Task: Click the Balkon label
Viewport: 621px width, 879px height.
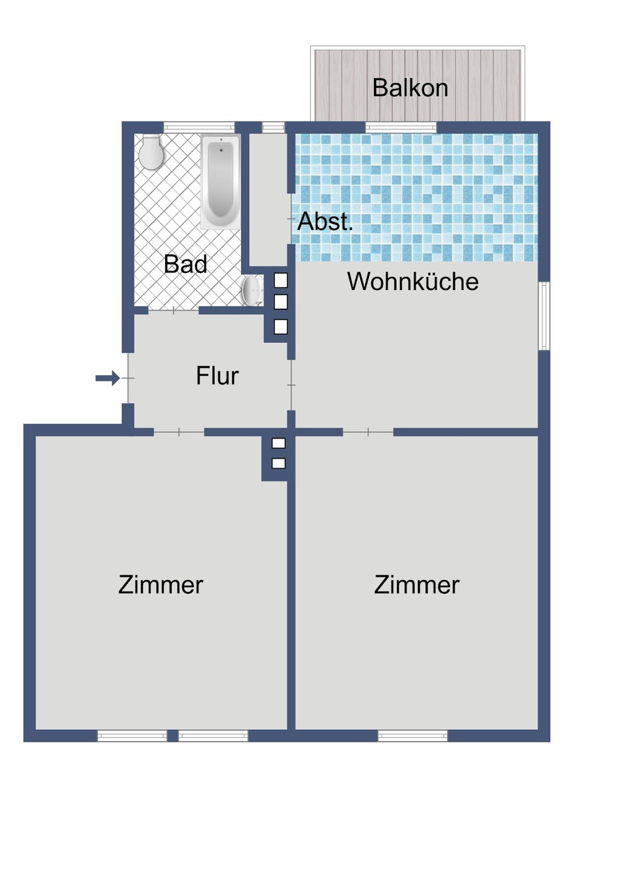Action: tap(410, 88)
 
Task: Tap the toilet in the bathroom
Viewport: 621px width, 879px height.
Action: tap(151, 152)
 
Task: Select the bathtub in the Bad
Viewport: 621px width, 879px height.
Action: tap(220, 181)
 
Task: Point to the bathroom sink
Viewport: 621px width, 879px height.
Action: tap(252, 291)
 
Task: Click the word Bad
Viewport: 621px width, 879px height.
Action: tap(185, 264)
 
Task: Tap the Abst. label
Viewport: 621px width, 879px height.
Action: tap(325, 222)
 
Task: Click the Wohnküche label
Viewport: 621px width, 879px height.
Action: tap(412, 281)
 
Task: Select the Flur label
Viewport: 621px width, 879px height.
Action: tap(217, 376)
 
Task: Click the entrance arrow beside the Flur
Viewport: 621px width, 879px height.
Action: tap(107, 378)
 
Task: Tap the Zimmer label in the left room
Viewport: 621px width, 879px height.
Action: tap(160, 585)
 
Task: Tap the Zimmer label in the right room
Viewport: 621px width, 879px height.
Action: tap(417, 585)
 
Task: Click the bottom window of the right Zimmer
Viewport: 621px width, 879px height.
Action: tap(412, 736)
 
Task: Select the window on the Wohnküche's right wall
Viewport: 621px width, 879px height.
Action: tap(544, 316)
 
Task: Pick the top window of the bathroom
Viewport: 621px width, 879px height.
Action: tap(199, 127)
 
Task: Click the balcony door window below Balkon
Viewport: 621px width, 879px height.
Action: tap(401, 127)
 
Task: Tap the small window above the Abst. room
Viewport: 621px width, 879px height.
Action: tap(273, 127)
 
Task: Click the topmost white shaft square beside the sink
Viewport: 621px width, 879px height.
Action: tap(281, 280)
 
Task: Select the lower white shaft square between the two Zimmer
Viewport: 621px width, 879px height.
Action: tap(279, 463)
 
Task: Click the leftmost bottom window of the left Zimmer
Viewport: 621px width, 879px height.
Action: tap(132, 736)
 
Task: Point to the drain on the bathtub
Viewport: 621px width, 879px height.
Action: tap(220, 150)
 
